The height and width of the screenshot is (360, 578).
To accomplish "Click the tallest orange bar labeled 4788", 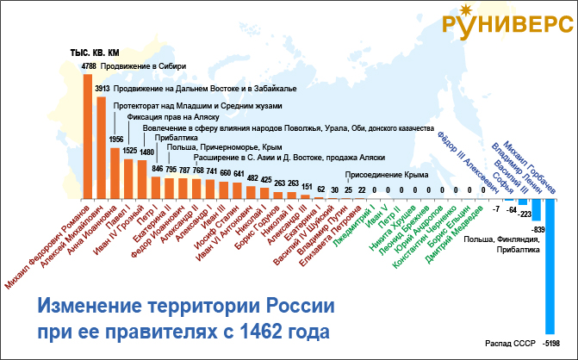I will point(88,138).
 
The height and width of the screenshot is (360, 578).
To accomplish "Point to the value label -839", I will point(538,228).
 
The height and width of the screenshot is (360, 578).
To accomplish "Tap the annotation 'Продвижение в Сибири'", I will point(142,65).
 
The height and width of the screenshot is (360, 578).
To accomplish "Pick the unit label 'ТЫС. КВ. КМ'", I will point(94,53).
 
